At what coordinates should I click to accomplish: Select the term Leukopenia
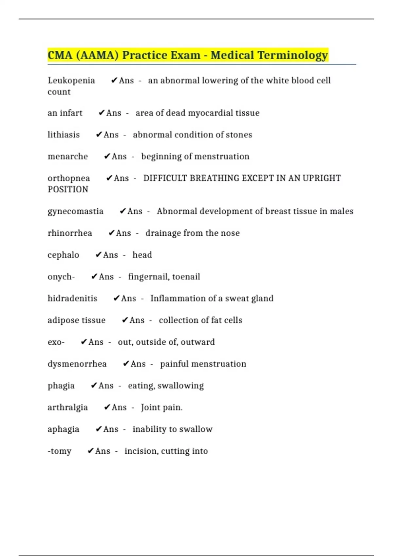[x=71, y=81]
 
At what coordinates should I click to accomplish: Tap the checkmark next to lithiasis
[x=99, y=135]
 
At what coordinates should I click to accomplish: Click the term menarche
[x=68, y=157]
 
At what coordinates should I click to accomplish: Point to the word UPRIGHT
[x=322, y=178]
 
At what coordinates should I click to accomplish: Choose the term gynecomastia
[x=76, y=212]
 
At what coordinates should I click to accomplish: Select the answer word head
[x=142, y=255]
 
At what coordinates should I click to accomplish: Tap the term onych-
[x=61, y=277]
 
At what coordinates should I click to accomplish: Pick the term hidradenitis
[x=72, y=299]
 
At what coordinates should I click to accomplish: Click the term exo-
[x=56, y=342]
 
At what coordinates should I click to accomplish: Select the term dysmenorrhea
[x=77, y=364]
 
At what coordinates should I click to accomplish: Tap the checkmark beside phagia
[x=94, y=386]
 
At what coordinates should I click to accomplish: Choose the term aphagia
[x=64, y=429]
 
